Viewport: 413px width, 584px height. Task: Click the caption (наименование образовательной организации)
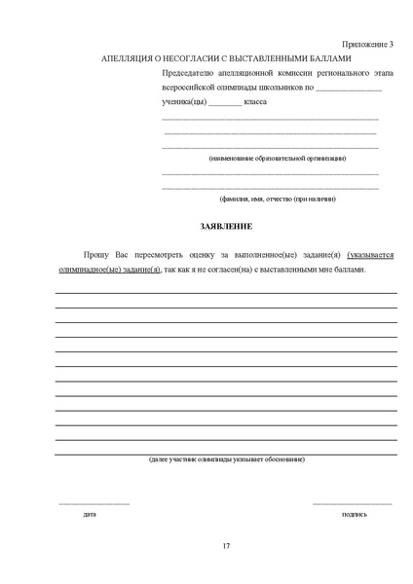point(277,158)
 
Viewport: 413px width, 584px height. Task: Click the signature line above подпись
point(353,503)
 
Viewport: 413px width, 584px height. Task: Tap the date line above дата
point(94,503)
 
